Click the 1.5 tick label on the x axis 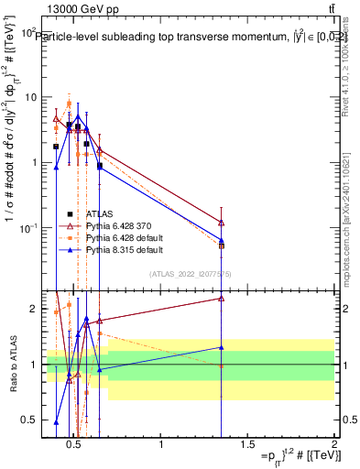coord(247,445)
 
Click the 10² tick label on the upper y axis coord(29,31)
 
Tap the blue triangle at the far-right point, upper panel coord(222,240)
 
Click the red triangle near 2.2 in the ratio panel coord(222,298)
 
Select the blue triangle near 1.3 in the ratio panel coord(222,347)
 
